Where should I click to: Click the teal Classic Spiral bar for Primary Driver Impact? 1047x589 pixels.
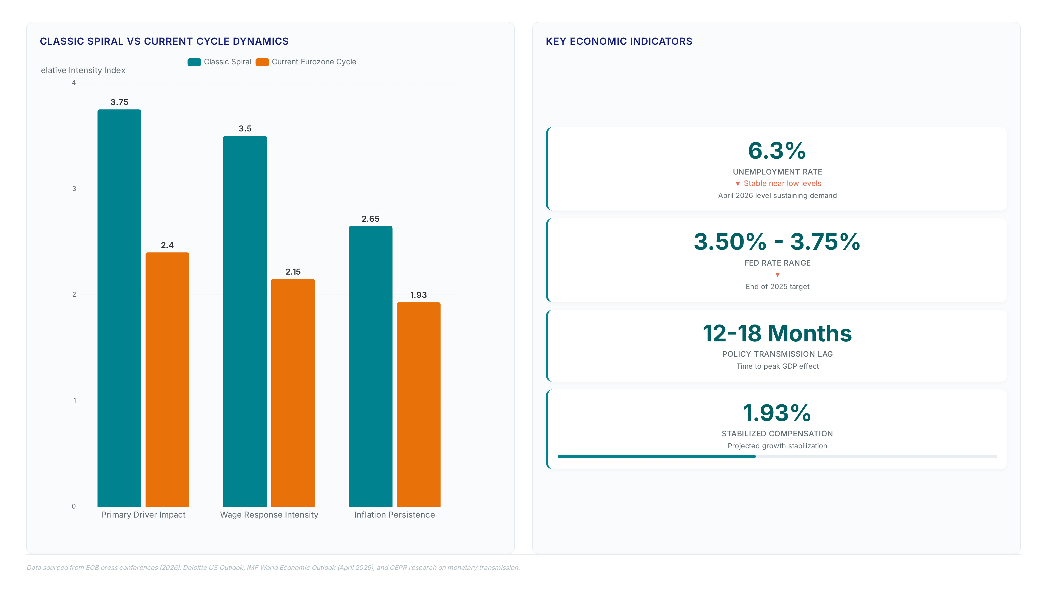[119, 308]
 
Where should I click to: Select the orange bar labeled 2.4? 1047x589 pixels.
[167, 379]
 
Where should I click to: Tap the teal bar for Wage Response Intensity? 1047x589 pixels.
[245, 321]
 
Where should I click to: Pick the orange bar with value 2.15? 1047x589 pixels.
[293, 393]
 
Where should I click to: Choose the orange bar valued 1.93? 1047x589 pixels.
[419, 404]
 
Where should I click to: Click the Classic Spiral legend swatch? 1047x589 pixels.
[194, 62]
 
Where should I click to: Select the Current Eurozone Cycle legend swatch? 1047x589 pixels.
[262, 62]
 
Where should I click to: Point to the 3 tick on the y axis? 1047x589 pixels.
[74, 189]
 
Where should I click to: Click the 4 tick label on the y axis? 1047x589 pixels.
[74, 83]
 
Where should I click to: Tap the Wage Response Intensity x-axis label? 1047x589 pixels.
[269, 515]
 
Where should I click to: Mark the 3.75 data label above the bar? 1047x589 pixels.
[119, 102]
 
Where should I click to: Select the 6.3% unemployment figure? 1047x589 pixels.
[777, 151]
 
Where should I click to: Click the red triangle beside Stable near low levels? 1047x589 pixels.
[738, 184]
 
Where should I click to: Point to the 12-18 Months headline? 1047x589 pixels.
[777, 333]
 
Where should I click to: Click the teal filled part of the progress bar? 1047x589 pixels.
[656, 456]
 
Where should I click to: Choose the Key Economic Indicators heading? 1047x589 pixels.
[619, 41]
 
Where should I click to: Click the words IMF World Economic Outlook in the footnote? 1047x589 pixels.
[290, 567]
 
